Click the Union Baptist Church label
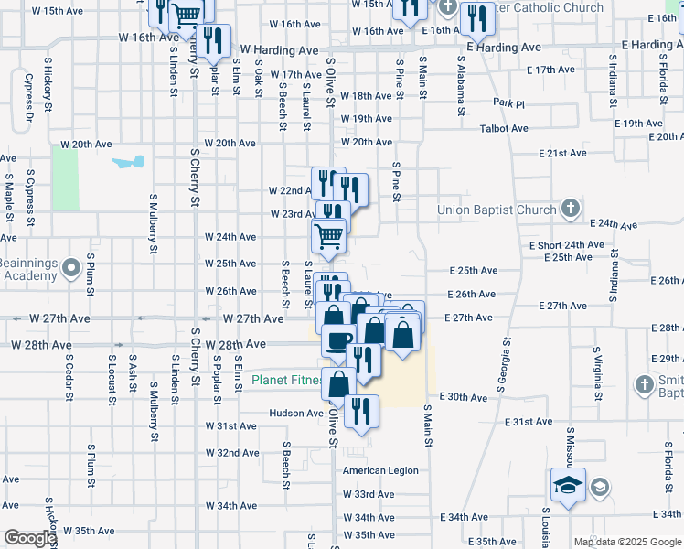497,210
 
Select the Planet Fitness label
286,380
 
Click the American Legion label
380,470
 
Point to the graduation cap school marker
567,485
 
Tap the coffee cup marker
337,340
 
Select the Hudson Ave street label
296,413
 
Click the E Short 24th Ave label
567,245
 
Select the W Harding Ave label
279,48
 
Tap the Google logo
29,539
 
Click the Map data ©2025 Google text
628,542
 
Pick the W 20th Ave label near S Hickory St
86,145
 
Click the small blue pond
128,163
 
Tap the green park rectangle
65,178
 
